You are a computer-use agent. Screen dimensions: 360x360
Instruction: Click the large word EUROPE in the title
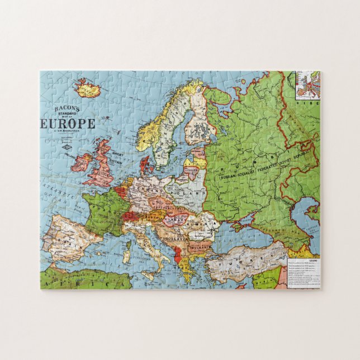68,124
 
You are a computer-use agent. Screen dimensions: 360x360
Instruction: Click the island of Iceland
87,88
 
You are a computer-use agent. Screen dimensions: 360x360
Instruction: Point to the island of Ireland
82,162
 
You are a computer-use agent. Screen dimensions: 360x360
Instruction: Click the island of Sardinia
127,254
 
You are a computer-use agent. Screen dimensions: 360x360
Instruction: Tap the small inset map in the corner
307,84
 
